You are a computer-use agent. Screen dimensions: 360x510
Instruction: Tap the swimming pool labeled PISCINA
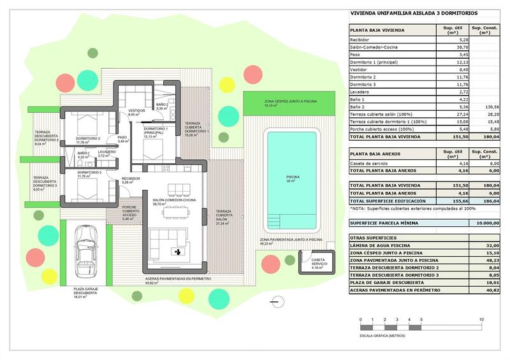pos(293,180)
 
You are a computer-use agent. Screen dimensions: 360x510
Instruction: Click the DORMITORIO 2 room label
pos(88,138)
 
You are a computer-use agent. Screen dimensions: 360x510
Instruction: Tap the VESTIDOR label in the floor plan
pos(136,111)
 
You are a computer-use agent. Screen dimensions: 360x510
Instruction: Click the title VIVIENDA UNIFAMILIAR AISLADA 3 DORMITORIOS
pos(414,13)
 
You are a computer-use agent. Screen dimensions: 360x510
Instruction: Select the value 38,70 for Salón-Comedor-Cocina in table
pos(448,48)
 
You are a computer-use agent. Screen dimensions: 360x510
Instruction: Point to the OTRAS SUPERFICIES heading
pos(374,237)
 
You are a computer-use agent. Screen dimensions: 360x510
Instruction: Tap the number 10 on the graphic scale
pos(481,319)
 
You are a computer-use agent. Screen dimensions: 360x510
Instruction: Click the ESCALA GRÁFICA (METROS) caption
pos(382,335)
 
